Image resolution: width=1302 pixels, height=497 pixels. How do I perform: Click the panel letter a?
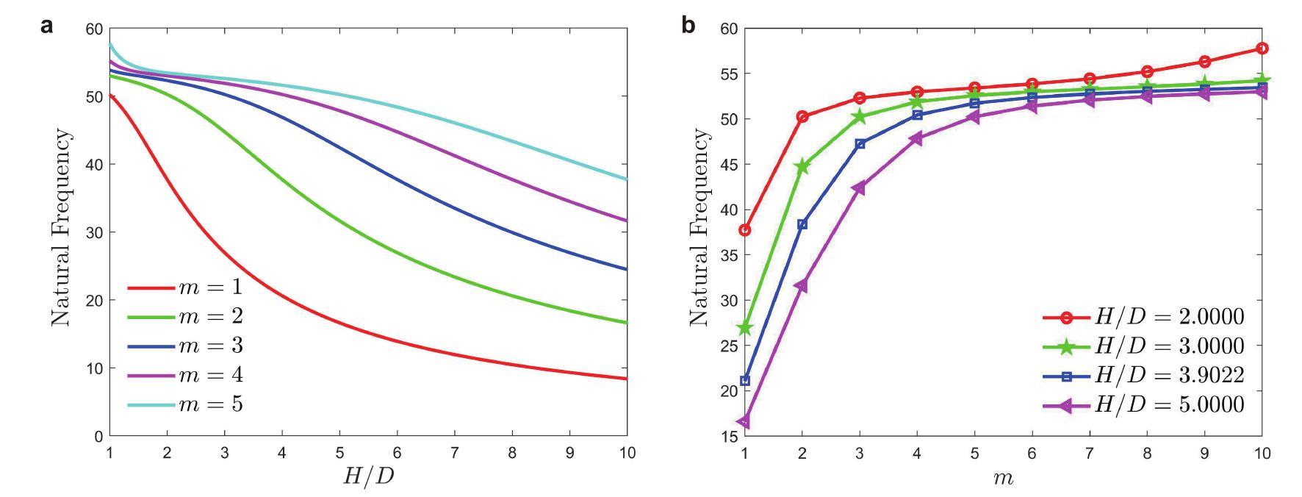point(46,25)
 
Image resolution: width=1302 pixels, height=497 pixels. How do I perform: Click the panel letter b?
point(688,25)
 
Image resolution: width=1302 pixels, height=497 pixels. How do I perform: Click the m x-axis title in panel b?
point(1003,478)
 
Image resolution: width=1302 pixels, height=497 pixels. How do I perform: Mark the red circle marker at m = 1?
point(745,230)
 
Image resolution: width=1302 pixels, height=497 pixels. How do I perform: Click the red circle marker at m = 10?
point(1262,49)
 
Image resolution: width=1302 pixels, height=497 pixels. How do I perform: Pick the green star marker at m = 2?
point(802,167)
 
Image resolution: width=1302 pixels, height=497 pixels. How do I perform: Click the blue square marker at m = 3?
point(860,144)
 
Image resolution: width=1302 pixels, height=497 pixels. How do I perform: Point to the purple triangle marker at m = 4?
point(916,138)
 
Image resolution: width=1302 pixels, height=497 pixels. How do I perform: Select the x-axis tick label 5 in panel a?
point(339,453)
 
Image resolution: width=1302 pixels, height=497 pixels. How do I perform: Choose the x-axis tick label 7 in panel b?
point(1090,454)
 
